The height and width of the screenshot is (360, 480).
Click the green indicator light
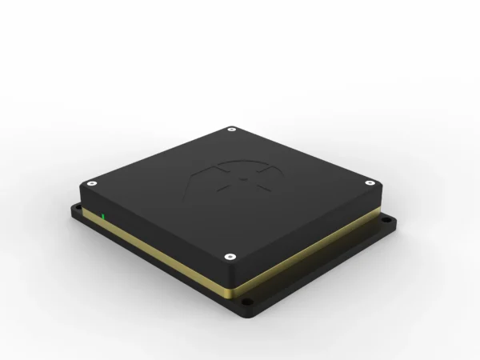point(103,215)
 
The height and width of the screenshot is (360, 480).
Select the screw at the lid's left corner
point(93,182)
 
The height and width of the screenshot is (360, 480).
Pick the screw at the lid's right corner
point(370,183)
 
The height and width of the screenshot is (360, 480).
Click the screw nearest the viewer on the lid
point(230,256)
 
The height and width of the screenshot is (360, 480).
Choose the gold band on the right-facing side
point(320,247)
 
